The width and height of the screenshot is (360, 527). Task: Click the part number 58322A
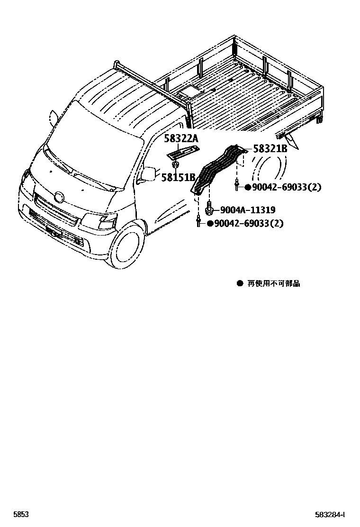(181, 139)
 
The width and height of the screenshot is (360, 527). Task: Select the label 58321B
(270, 149)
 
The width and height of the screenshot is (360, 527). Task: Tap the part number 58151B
(178, 177)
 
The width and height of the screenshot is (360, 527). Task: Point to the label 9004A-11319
(247, 210)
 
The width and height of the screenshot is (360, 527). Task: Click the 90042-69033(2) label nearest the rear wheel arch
(286, 187)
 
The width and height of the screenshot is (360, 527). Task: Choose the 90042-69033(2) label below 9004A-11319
(248, 223)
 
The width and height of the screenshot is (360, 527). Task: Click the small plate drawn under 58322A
(183, 152)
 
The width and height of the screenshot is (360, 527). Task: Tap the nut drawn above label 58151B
(175, 164)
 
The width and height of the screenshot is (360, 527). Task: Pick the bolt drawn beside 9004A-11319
(209, 208)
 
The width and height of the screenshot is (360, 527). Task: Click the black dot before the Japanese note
(240, 283)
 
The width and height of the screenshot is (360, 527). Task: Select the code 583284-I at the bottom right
(330, 514)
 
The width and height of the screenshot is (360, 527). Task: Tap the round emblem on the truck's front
(59, 196)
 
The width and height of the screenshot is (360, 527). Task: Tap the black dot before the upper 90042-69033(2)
(247, 187)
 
